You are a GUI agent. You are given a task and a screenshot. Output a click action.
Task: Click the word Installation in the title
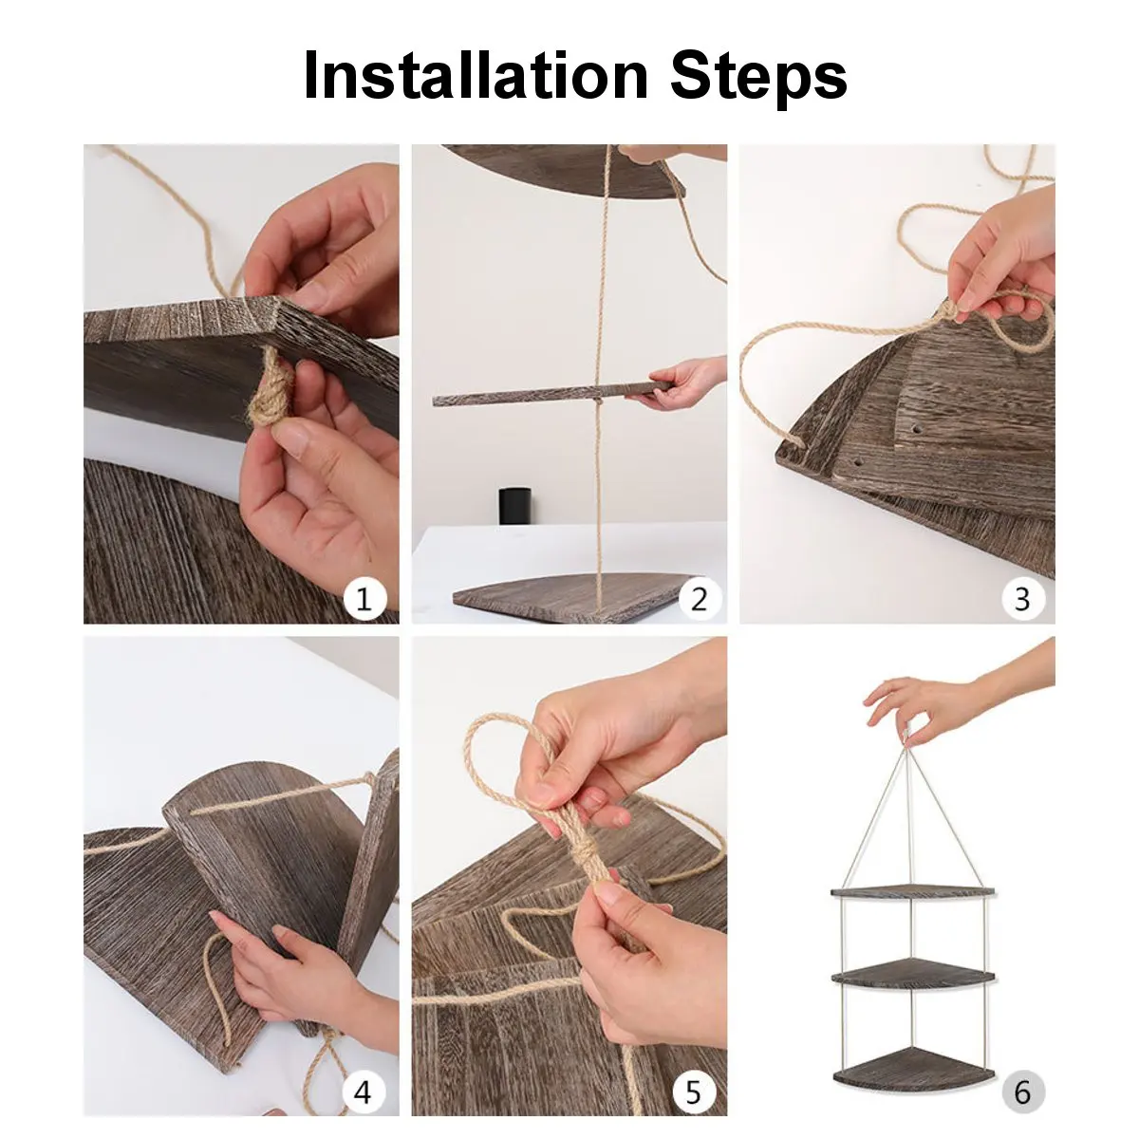(x=476, y=75)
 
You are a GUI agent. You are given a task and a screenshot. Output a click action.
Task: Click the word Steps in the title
(x=759, y=80)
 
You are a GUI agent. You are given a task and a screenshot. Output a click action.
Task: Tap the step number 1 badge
(x=364, y=598)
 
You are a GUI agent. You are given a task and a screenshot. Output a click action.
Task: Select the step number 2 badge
(x=700, y=598)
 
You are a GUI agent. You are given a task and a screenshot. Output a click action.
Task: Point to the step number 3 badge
(x=1023, y=598)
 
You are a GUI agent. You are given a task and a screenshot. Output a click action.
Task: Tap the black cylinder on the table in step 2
(x=514, y=505)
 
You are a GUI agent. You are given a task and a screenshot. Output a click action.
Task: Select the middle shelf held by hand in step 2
(x=551, y=394)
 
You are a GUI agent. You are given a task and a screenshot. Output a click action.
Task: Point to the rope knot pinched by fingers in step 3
(x=947, y=309)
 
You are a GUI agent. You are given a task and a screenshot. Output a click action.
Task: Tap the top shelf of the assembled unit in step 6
(x=912, y=891)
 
